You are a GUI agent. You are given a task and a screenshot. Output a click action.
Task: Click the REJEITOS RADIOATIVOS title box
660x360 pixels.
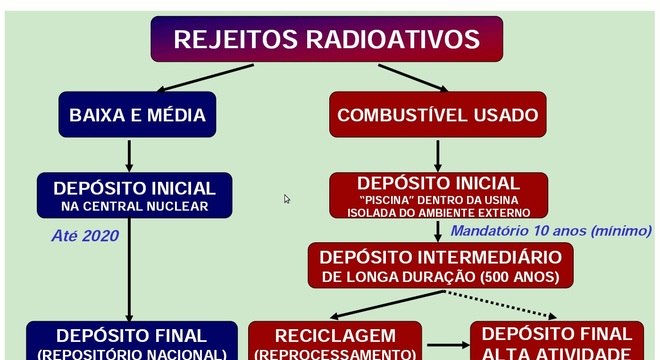(x=326, y=40)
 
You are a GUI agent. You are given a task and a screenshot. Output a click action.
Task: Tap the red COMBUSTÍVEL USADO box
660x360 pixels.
(x=437, y=114)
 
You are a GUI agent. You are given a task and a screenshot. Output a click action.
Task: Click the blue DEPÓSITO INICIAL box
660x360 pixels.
(x=133, y=195)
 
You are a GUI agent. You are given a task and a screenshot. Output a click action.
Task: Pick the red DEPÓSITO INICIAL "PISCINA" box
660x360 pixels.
(x=438, y=196)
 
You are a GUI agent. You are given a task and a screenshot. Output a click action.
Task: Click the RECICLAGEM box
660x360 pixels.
(x=335, y=341)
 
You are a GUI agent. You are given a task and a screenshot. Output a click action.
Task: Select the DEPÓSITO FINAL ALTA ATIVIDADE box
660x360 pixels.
(x=557, y=341)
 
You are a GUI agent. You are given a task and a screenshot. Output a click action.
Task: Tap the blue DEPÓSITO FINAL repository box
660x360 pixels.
(x=131, y=341)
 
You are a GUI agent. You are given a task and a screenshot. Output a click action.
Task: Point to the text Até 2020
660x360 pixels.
(x=85, y=236)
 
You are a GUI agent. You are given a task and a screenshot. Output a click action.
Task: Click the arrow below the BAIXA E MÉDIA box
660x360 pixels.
(x=130, y=155)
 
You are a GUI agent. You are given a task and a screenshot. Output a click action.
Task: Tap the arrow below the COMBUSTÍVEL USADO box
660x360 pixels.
(x=438, y=155)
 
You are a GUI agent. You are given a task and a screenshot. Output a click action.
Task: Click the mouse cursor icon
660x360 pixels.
(x=287, y=199)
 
